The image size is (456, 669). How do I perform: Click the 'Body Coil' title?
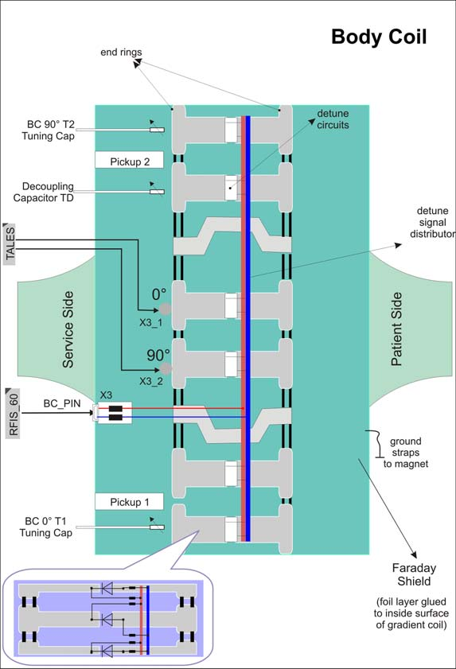pos(378,37)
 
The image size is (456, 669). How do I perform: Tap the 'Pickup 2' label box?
pos(128,160)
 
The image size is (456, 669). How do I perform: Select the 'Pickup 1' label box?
pos(128,501)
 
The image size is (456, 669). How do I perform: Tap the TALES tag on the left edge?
pos(10,243)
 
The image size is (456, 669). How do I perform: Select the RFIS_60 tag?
pos(10,410)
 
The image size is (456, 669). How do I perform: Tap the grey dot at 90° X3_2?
pos(166,368)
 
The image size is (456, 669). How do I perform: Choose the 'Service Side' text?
pos(68,329)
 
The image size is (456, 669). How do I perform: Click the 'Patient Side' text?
pos(396,329)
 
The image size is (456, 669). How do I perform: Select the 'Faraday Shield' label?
pos(412,574)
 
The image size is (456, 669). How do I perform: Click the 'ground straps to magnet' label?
pos(406,452)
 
